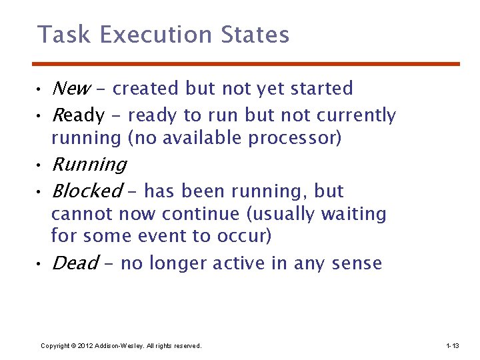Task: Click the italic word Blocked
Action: pos(87,191)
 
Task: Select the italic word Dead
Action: pos(75,263)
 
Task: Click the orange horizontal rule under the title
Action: pos(246,64)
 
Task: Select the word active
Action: pos(239,263)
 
